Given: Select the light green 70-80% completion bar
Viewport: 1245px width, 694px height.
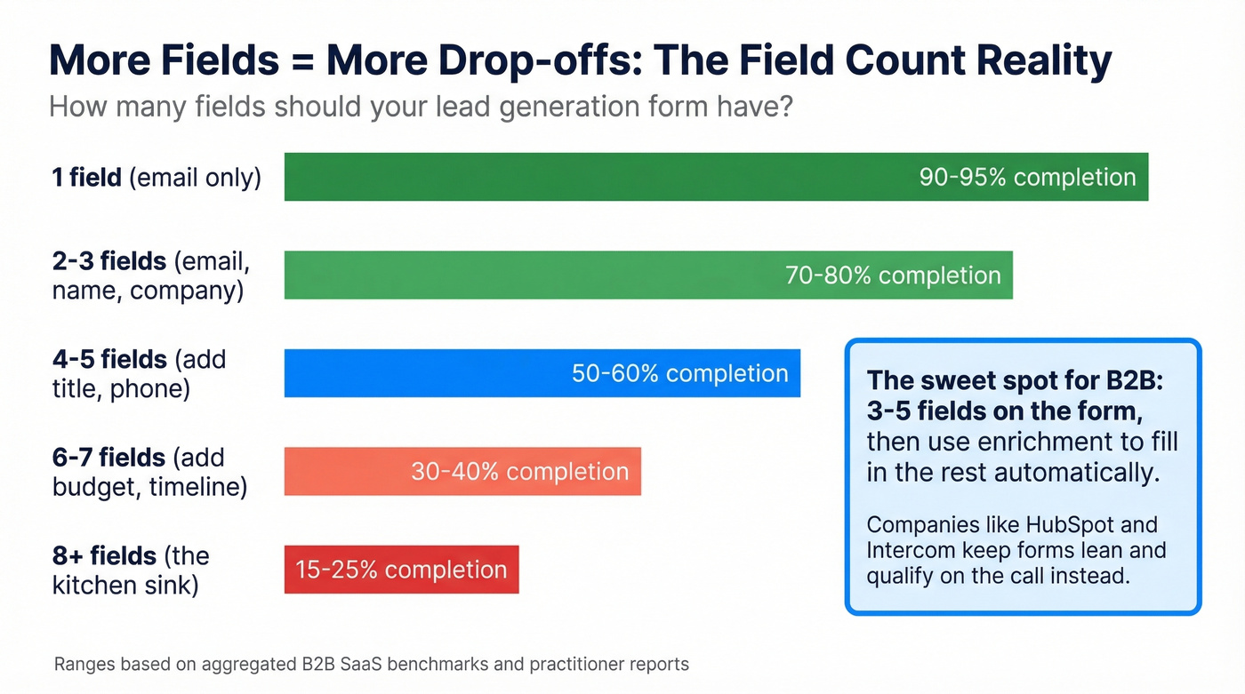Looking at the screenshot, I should (534, 275).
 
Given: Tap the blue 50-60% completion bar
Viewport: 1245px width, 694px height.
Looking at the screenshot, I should (427, 373).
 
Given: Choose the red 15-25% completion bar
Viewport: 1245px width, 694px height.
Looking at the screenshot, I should (401, 570).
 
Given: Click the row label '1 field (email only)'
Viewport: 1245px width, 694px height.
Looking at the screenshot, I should (157, 177).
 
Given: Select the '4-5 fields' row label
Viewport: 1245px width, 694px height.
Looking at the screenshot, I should (139, 373).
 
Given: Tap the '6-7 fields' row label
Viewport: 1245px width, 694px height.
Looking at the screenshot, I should (149, 471).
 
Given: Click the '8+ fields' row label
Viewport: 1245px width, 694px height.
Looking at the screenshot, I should (131, 570).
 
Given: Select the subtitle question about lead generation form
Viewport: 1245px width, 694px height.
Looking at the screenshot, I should (420, 107).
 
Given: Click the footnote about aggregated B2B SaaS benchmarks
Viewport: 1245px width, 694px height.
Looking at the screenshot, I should (371, 664).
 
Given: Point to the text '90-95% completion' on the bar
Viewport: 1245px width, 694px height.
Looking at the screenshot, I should (1027, 177).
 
